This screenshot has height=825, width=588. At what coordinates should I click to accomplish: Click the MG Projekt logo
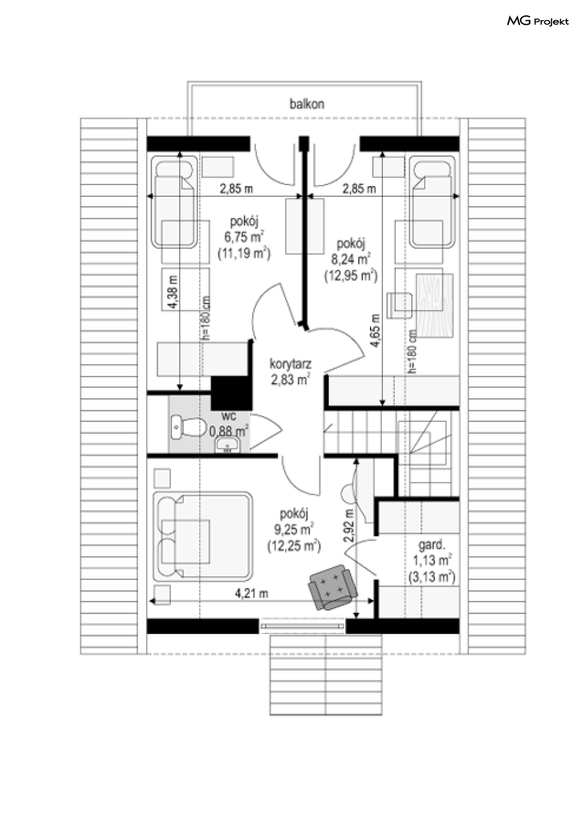point(537,21)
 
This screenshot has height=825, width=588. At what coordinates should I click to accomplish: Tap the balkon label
point(306,104)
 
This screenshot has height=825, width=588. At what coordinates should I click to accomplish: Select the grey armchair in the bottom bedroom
point(333,586)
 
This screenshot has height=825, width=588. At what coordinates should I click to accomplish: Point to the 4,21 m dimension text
point(252,593)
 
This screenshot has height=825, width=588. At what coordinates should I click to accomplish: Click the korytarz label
point(291,363)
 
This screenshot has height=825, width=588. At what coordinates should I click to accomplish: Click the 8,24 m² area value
point(350,259)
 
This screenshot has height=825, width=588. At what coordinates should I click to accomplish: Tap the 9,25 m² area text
point(294,530)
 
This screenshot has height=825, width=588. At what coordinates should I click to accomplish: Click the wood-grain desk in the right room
point(434,306)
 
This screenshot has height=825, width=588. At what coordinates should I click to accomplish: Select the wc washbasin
point(227,444)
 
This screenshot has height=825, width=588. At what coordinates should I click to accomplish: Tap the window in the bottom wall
point(301,625)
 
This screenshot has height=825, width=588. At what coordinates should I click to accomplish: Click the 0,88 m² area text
point(228,430)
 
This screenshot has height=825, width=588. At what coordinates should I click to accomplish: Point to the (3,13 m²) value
point(431,576)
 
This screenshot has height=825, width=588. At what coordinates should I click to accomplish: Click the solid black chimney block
point(231,393)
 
